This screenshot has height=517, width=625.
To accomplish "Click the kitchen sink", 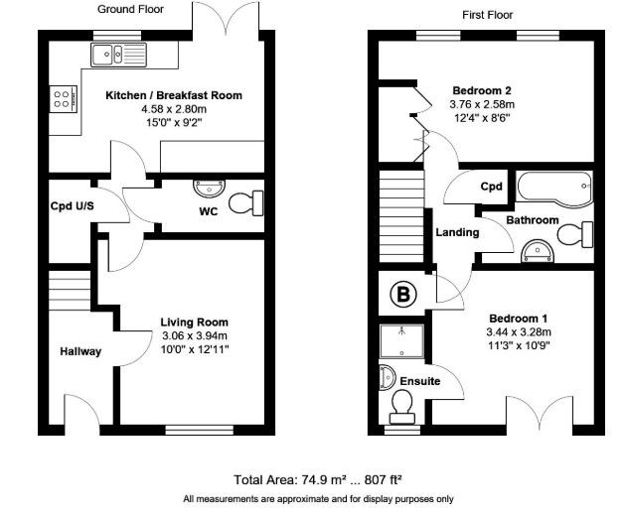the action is (119, 55).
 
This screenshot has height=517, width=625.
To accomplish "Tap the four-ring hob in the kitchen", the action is (63, 99).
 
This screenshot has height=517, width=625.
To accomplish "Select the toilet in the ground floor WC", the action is (246, 203).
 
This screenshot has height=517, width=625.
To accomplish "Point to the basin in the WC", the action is (209, 189).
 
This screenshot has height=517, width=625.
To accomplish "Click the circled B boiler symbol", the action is (403, 295).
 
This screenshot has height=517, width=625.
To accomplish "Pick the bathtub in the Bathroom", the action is (554, 189).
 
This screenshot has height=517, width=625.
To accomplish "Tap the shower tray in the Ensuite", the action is (401, 341).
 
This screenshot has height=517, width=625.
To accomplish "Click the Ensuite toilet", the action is (401, 407).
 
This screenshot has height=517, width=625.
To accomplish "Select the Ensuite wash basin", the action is (388, 377).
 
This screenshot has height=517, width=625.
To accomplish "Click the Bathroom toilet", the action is (574, 234).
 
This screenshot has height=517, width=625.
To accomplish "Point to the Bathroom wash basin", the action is (538, 251).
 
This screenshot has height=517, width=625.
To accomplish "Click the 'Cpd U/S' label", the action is (73, 205).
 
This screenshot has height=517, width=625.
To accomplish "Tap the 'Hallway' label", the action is (80, 351).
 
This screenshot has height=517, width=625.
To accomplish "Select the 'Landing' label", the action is (457, 232).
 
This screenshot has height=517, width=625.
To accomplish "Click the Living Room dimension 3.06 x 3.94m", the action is (195, 336).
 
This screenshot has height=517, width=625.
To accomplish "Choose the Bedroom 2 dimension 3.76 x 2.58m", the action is (482, 104).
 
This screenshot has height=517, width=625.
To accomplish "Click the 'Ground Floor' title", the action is (130, 9).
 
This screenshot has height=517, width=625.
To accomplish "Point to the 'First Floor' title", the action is (488, 15).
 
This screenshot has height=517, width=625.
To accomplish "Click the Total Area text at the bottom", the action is (318, 480).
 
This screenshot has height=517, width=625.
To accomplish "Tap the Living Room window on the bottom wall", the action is (200, 430).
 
